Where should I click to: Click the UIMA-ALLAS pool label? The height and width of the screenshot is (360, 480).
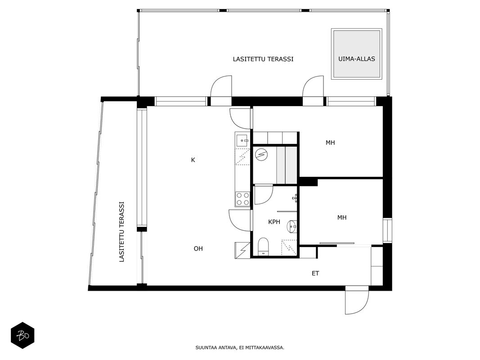[x=357, y=59]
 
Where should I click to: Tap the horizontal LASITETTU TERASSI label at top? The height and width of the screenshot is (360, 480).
[x=263, y=59]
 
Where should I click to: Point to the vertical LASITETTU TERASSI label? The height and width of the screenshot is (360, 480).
[x=121, y=231]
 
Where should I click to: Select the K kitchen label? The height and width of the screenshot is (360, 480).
[x=193, y=160]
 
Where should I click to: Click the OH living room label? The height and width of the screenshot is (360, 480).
[x=198, y=248]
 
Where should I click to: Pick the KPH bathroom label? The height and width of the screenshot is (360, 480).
[x=274, y=222]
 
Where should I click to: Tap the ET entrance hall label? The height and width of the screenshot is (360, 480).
[x=315, y=273]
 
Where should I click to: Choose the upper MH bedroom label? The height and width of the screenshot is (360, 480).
[x=330, y=142]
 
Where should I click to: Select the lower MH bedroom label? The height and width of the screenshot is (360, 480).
[x=342, y=217]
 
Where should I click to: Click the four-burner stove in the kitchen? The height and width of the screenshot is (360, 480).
[x=242, y=198]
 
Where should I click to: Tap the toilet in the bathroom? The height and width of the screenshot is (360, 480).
[x=263, y=247]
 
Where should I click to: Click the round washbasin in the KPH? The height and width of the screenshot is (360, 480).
[x=292, y=227]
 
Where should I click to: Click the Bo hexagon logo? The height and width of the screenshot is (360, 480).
[x=22, y=336]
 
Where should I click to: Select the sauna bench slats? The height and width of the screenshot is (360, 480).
[x=287, y=165]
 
